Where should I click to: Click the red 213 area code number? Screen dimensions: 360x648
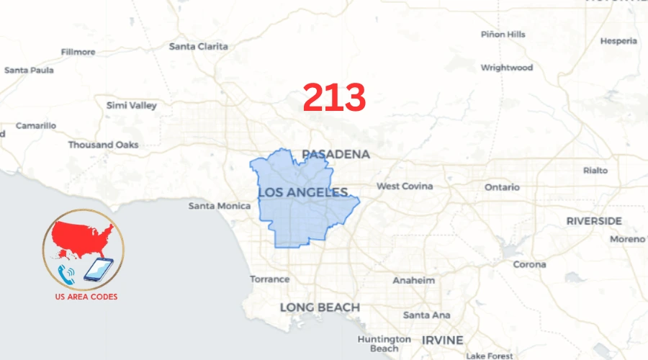[x=334, y=97]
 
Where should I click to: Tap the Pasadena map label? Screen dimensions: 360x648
[x=336, y=154]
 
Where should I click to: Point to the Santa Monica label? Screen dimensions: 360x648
[x=220, y=206]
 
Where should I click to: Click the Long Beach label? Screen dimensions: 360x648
[x=320, y=307]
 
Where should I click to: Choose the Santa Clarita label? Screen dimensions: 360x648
[x=198, y=46]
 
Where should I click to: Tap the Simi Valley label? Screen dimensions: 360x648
[x=131, y=105]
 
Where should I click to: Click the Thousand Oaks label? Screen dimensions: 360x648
[x=103, y=145]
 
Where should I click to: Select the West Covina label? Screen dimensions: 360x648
[x=405, y=186]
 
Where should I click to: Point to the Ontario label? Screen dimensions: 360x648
[x=501, y=187]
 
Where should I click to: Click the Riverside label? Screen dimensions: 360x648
[x=593, y=220]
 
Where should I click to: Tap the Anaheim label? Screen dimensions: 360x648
[x=413, y=280]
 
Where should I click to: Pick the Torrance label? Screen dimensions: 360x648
[x=269, y=279]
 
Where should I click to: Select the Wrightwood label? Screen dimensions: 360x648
[x=507, y=68]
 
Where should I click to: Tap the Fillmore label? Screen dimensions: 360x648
[x=78, y=52]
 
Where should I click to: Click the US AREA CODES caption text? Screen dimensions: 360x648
[x=86, y=297]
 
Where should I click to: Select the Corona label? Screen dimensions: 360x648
[x=529, y=264]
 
